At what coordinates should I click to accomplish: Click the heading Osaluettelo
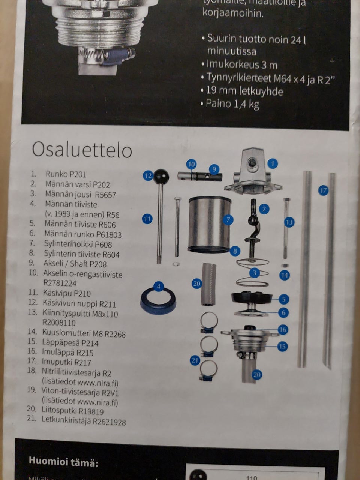click(x=82, y=150)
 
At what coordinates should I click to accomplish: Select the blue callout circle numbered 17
click(x=323, y=190)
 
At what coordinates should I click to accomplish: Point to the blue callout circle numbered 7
click(x=228, y=220)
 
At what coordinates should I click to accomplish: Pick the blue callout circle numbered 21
click(x=194, y=360)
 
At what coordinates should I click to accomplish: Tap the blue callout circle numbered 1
click(x=273, y=163)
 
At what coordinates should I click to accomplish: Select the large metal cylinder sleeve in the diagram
click(x=209, y=223)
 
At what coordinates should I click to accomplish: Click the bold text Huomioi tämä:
click(x=63, y=462)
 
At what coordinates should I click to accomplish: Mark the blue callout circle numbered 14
click(x=285, y=275)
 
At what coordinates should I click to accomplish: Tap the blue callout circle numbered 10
click(x=191, y=164)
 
